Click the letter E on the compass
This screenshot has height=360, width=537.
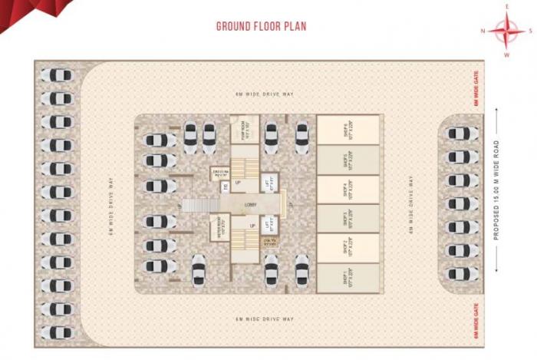[507, 7]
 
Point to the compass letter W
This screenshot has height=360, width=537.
[507, 55]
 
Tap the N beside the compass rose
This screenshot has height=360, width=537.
[483, 31]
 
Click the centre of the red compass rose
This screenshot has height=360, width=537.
[507, 31]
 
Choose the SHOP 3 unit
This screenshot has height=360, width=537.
[348, 218]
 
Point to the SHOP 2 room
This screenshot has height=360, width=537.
[348, 248]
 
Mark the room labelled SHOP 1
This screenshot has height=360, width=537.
[348, 276]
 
